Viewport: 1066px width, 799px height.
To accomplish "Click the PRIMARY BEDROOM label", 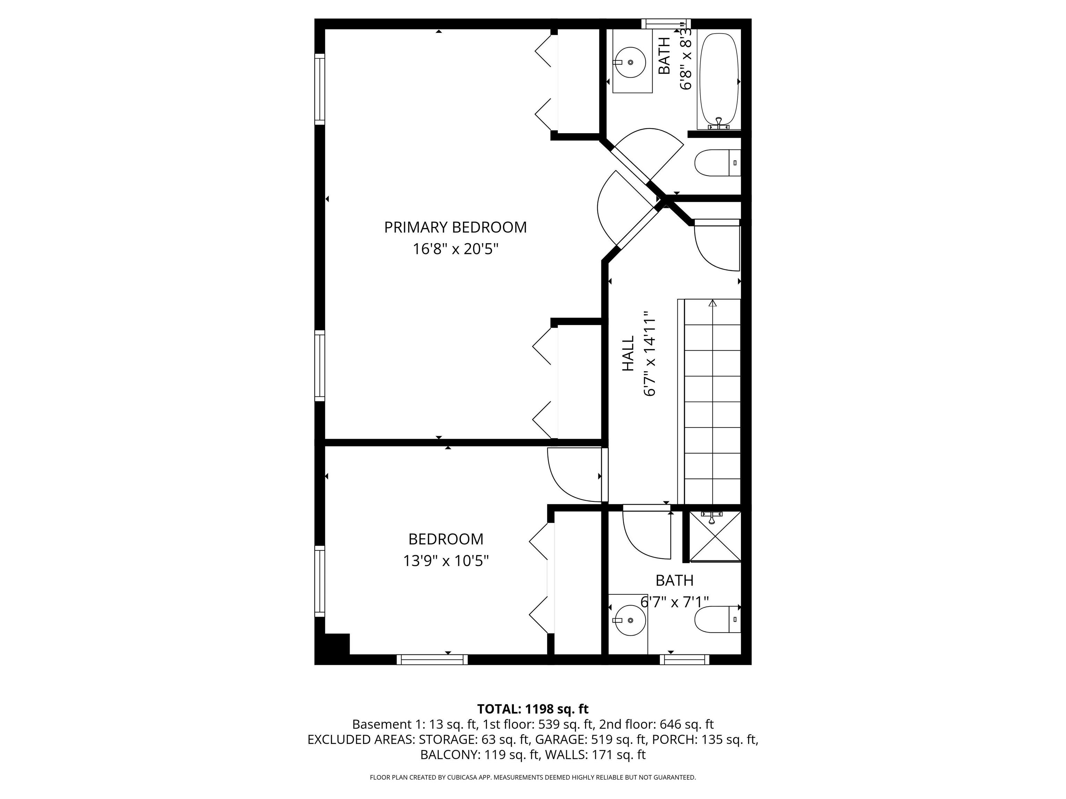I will coord(455,227).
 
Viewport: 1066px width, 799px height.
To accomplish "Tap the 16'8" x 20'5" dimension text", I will coord(455,249).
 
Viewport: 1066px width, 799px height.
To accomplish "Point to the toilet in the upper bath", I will coord(717,163).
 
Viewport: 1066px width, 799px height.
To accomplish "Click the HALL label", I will coord(628,353).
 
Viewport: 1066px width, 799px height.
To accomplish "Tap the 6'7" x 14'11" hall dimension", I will coord(650,353).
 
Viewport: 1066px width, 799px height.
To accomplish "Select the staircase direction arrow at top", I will coord(712,303).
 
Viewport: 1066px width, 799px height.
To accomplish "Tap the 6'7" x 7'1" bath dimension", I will coord(674,602).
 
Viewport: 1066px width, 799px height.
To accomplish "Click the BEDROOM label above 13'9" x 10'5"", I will coord(446,539).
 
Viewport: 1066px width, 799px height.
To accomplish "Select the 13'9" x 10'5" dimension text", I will coord(446,561).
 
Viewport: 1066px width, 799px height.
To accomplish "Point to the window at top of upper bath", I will coord(666,24).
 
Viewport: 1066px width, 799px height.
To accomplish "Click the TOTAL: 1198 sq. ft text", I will coord(533,709).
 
